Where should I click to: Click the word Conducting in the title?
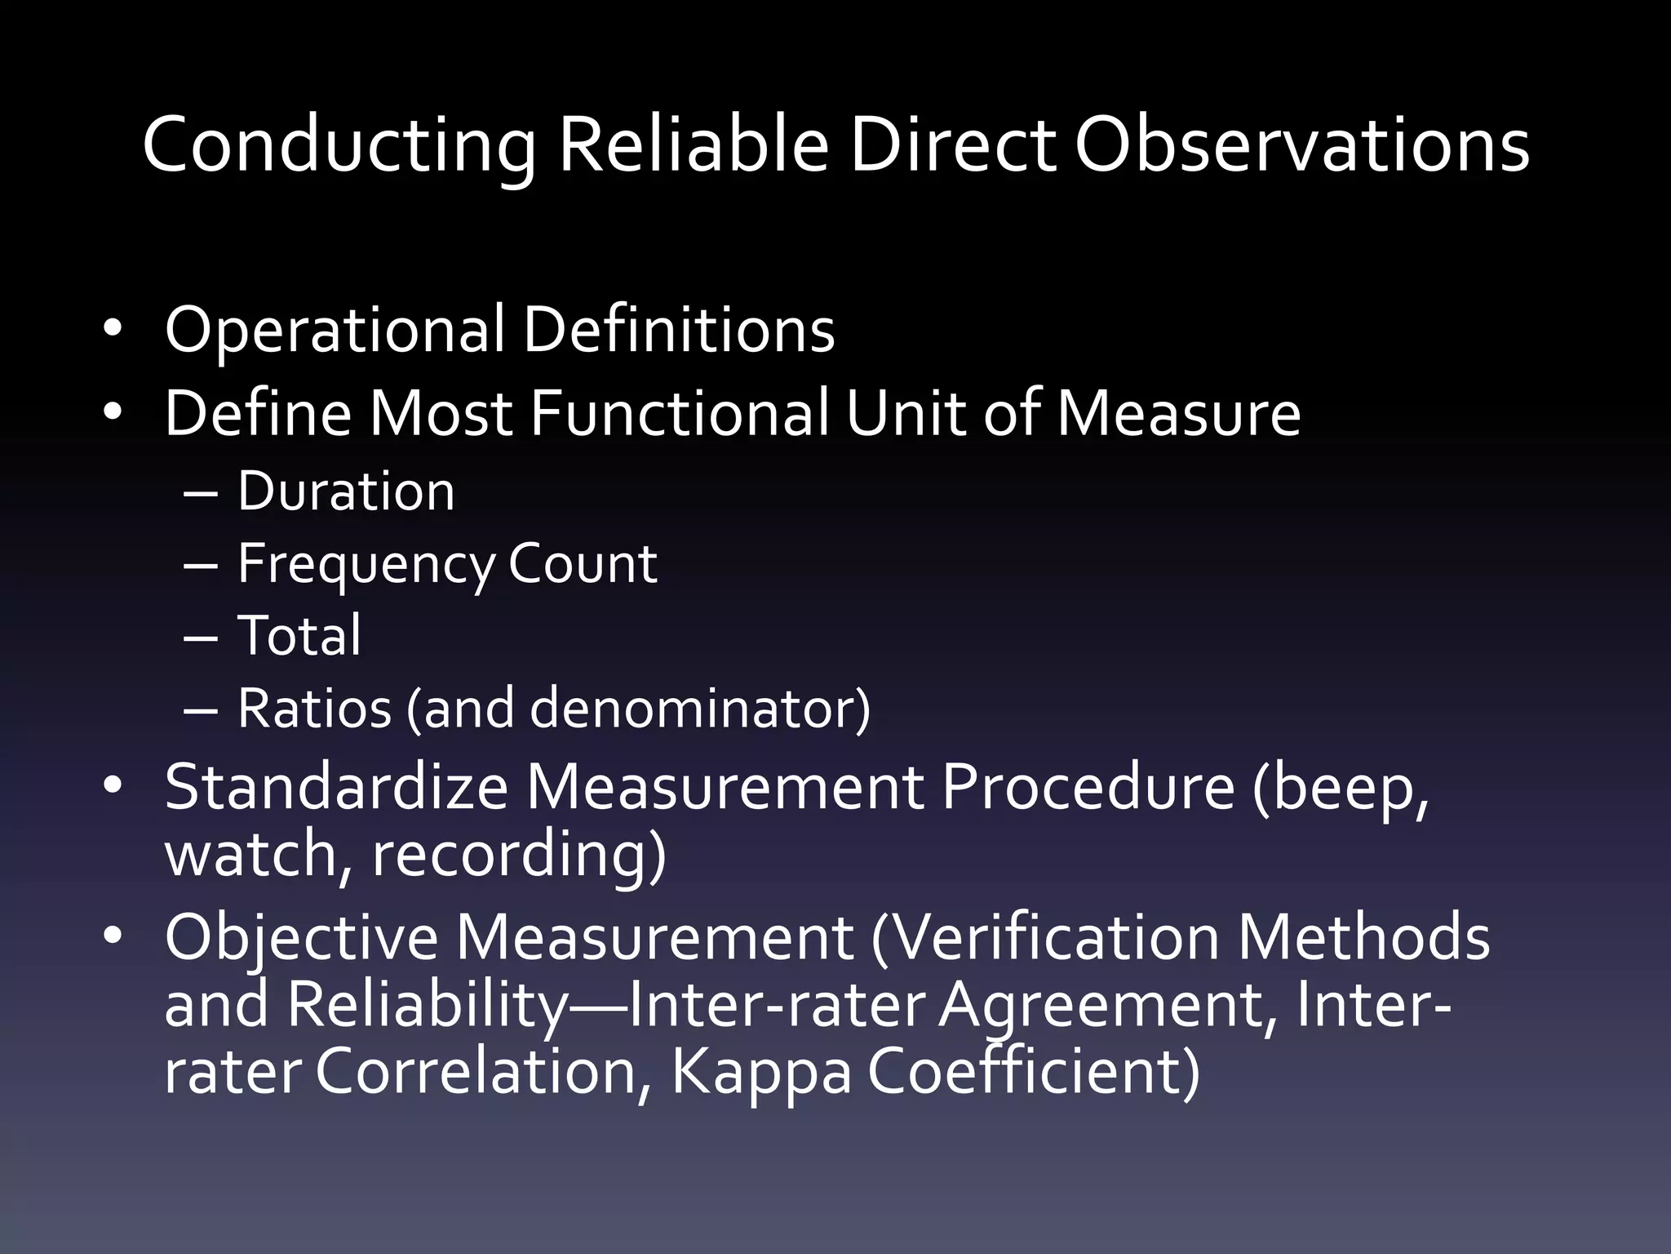point(339,147)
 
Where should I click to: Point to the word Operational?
point(335,331)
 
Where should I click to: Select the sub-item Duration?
point(346,491)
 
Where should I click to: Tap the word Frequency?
point(366,565)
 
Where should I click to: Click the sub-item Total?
point(299,635)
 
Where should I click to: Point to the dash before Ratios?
point(201,709)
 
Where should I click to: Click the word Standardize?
point(336,787)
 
